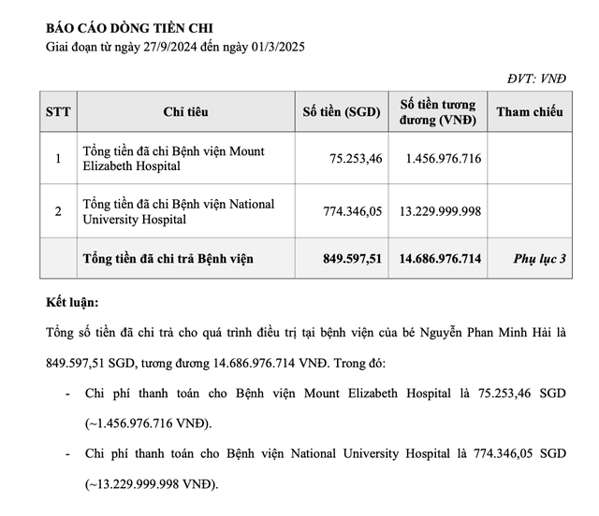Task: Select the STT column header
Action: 56,112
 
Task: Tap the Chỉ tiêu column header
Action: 185,112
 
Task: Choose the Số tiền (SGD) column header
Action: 341,112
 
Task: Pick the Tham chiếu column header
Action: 530,112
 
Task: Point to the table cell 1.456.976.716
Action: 444,159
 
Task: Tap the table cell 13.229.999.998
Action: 440,212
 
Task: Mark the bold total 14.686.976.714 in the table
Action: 439,258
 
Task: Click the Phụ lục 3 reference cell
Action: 540,258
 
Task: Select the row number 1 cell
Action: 57,159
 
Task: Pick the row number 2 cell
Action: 57,212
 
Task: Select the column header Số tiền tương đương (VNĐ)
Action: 438,112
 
